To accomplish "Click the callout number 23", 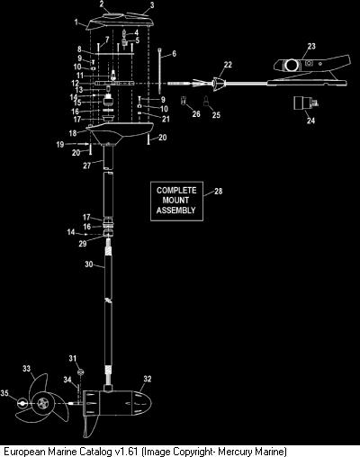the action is [x=311, y=46].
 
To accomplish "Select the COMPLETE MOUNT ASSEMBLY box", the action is [x=176, y=201].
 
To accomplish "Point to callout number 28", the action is [x=219, y=191].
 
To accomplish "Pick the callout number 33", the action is [x=27, y=368].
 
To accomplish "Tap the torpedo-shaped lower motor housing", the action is [x=117, y=403].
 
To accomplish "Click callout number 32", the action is [x=148, y=379].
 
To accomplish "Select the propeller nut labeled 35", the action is [x=22, y=404].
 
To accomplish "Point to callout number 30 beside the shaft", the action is [x=89, y=264].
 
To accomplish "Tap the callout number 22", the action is [x=228, y=65].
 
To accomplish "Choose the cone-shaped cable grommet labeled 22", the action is [x=218, y=84].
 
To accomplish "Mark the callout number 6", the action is [x=174, y=54].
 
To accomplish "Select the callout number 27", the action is [x=87, y=166].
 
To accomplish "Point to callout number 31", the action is [x=73, y=358].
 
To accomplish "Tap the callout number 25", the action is [x=216, y=114].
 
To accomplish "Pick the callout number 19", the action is [x=60, y=145].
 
